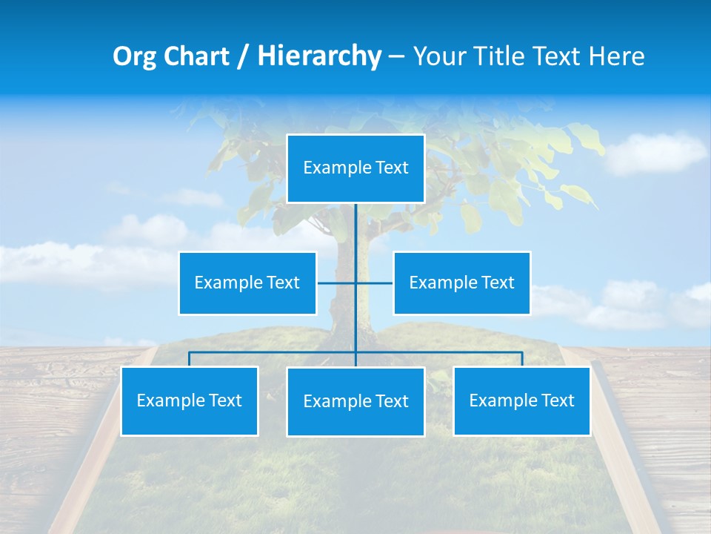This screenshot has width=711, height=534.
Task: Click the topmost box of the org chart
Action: pos(355,168)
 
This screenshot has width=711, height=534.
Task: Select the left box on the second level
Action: pos(247,283)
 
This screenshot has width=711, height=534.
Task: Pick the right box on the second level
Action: pos(461,283)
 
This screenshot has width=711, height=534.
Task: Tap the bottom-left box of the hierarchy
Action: pos(190,401)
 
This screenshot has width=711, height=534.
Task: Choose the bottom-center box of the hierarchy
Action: pos(355,402)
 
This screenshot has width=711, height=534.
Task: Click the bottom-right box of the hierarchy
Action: pos(521,401)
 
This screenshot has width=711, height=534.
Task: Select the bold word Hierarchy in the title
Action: pos(319,56)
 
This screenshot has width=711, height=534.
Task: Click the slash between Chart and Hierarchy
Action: pos(242,56)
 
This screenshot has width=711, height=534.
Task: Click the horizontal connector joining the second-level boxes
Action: pos(337,283)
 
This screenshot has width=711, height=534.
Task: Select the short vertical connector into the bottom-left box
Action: pos(190,359)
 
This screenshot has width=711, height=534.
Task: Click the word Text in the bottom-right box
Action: pos(557,400)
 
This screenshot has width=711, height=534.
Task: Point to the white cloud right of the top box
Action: pos(655,152)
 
